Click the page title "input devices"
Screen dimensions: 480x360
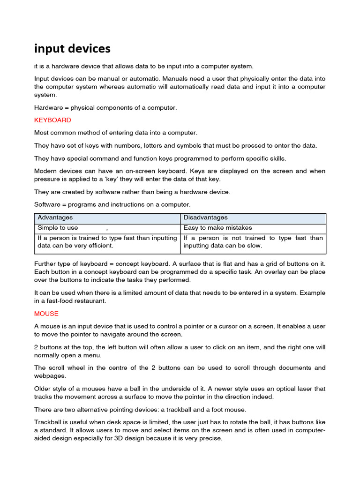coord(72,48)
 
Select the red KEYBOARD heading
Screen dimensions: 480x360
coord(52,120)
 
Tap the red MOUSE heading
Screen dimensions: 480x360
coord(46,313)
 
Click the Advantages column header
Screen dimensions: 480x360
coord(55,217)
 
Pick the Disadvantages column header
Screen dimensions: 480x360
coord(205,217)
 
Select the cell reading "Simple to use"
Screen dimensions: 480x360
coord(58,228)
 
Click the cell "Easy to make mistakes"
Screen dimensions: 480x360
coord(217,228)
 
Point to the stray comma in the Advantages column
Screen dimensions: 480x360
coord(107,229)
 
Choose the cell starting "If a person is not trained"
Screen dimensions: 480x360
coord(253,242)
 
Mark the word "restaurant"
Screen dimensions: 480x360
coord(90,301)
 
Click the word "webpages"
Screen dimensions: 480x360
coord(50,376)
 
